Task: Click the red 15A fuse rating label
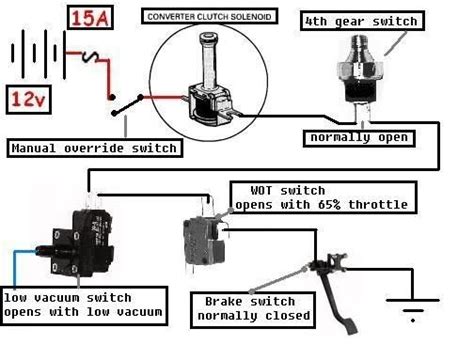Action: point(90,18)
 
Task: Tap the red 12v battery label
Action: point(28,100)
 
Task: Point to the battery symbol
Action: point(38,54)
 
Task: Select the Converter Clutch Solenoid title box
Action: point(209,16)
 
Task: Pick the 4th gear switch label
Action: point(362,21)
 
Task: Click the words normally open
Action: point(359,138)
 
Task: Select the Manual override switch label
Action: point(95,148)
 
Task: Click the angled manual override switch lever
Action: point(127,105)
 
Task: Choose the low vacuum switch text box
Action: point(84,305)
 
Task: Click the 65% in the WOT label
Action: point(329,205)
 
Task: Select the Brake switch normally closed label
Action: point(253,310)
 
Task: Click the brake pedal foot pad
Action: point(352,327)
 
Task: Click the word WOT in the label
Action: point(261,191)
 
